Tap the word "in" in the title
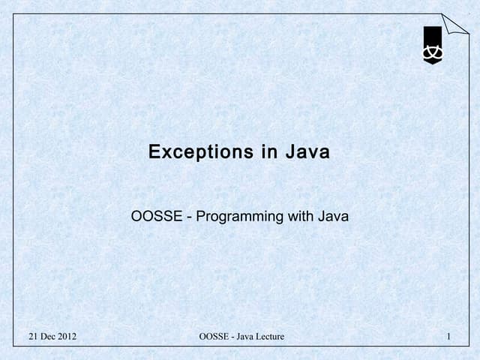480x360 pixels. coord(270,153)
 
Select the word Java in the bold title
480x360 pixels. coord(307,153)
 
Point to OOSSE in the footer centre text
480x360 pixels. coord(214,337)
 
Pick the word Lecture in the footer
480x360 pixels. coord(271,337)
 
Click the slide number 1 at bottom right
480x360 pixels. coord(447,337)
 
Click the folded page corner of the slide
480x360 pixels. coord(455,24)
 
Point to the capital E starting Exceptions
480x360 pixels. coord(154,153)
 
